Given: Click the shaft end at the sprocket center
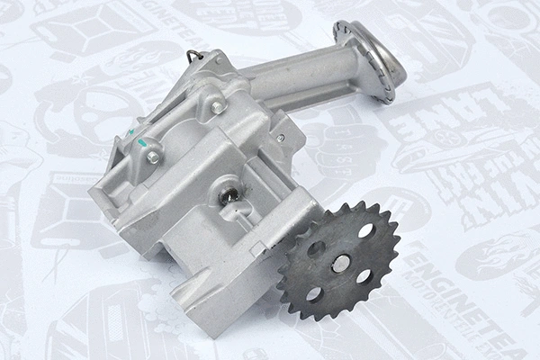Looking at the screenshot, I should coord(341,263).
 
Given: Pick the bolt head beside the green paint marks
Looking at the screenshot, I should coord(154,157).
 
